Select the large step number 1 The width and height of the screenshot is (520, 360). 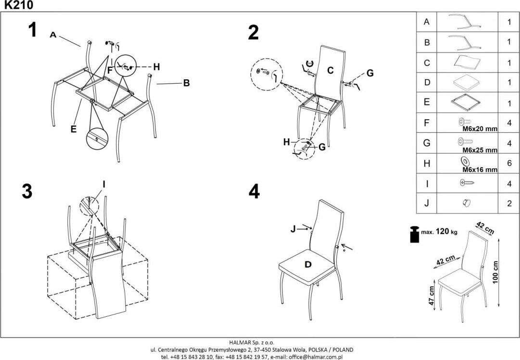coord(32,30)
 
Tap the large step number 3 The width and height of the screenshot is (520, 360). coord(27,191)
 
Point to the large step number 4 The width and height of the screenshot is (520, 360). coord(254,192)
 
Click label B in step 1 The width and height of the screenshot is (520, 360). coord(186,83)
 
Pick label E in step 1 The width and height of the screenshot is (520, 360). coord(74,129)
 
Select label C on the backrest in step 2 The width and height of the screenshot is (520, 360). coord(330,70)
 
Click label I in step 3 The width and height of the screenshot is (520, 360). coord(103,184)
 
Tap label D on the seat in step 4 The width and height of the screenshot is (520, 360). coord(308,264)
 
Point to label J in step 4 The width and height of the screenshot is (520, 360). coord(293,230)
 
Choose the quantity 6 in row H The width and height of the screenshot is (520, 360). coord(509,163)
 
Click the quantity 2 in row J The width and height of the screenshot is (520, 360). coord(509,203)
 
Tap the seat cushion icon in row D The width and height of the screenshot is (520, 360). coord(467,82)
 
